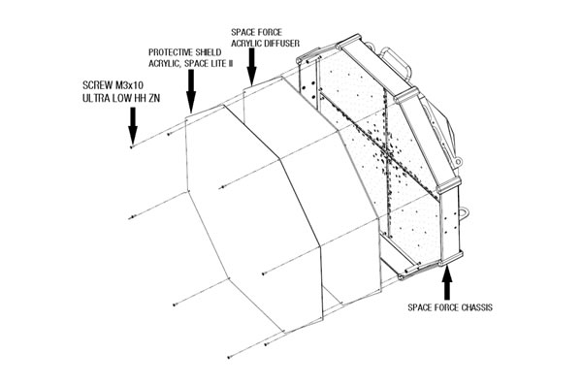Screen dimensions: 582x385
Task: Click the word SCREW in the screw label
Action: [97, 85]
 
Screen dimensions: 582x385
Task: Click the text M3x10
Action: [129, 85]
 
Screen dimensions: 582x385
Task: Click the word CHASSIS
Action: [477, 307]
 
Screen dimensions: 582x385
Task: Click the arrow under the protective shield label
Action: [191, 90]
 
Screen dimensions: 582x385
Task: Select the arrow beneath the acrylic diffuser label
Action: [251, 67]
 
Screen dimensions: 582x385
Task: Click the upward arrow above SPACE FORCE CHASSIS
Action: [447, 283]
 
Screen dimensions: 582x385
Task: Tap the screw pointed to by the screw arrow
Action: [131, 147]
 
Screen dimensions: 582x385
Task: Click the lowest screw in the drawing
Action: [229, 358]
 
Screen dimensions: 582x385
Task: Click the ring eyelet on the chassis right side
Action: [464, 213]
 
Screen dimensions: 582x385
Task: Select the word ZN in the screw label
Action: [155, 98]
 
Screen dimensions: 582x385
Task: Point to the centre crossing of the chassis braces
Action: [389, 152]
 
